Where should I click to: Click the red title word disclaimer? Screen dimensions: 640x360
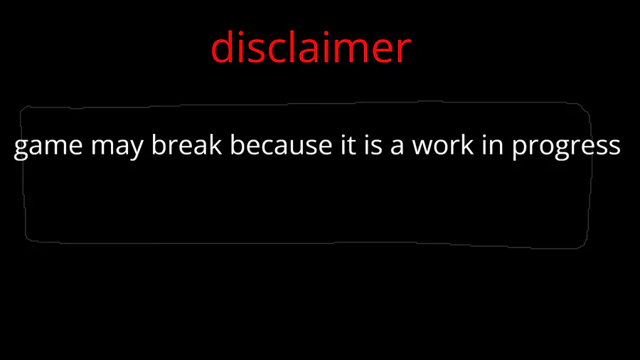point(311,47)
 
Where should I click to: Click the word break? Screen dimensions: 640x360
point(186,144)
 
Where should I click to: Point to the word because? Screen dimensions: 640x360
point(281,144)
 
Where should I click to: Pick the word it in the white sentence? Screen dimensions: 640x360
point(348,144)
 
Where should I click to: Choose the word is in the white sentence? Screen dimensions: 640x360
point(373,144)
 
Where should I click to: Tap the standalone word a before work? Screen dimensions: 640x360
point(397,147)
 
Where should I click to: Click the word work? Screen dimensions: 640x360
point(442,144)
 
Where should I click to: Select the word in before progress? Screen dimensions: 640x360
point(493,144)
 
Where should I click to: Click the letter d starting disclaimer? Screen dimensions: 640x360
point(222,47)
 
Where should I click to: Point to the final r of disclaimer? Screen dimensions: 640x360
point(403,51)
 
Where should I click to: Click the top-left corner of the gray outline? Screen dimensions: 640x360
point(21,107)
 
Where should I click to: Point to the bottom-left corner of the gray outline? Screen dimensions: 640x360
point(26,240)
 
